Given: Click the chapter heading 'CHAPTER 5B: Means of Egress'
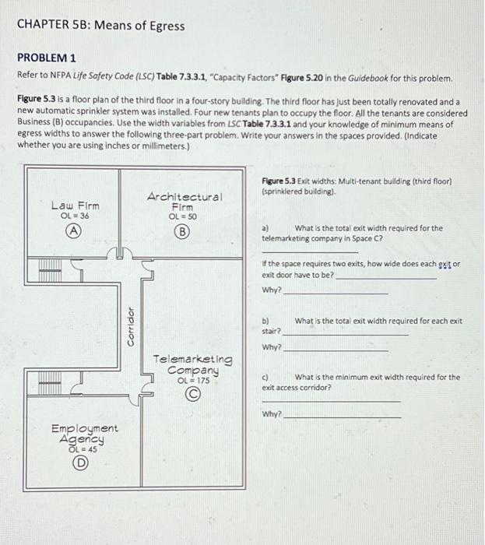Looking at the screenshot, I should tap(100, 26).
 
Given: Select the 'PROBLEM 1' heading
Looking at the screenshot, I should tap(47, 59).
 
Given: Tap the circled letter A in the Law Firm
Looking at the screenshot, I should tap(74, 230).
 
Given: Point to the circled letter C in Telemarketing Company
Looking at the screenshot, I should tap(192, 394).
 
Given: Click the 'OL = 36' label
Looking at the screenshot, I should tap(73, 216).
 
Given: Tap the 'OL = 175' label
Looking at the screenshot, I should tap(192, 380).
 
